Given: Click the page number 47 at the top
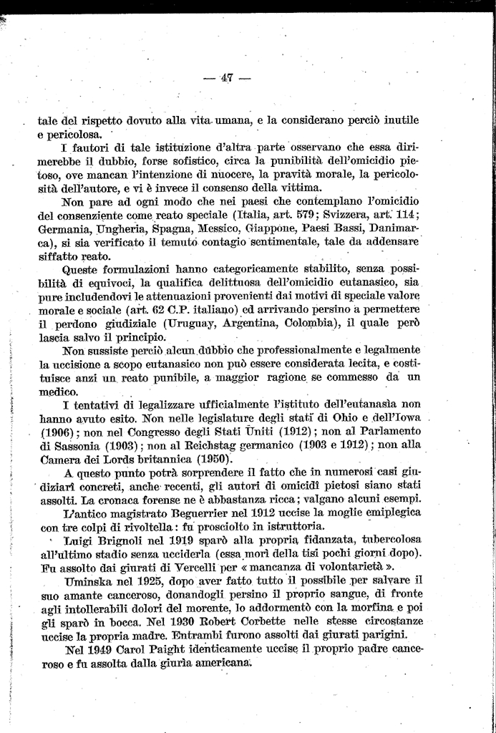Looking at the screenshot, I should [x=228, y=78].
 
